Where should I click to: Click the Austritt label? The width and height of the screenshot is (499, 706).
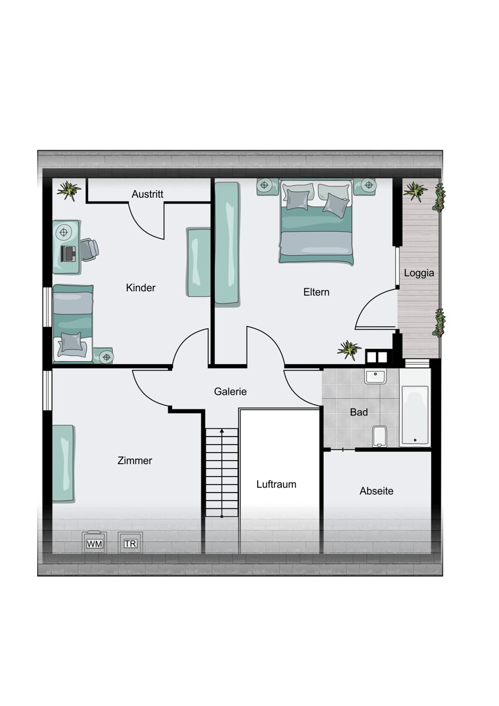point(147,194)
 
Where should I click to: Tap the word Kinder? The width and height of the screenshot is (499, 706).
point(141,288)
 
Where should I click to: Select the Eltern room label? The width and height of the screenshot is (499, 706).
point(316,292)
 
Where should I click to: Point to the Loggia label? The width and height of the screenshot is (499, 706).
point(419,273)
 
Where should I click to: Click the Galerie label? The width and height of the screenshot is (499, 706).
point(230,391)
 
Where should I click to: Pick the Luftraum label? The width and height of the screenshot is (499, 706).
point(276,484)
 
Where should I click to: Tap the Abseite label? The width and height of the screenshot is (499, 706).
point(377,491)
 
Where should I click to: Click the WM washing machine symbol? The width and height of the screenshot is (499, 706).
point(95,542)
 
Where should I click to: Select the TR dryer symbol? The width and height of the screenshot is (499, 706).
point(130,542)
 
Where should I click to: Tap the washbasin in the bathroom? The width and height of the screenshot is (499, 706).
point(375,377)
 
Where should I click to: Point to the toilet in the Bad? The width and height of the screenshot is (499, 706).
point(380,436)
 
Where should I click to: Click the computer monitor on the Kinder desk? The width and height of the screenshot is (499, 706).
point(68,254)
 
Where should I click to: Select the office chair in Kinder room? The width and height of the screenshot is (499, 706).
point(89,249)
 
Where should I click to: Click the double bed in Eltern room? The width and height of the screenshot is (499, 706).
point(316,222)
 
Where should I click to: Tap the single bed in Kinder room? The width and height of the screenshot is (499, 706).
point(73,324)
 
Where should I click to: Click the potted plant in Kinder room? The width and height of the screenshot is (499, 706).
point(69,191)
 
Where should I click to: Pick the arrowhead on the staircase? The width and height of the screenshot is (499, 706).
point(222,430)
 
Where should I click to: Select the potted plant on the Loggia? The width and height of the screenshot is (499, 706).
point(415,191)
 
